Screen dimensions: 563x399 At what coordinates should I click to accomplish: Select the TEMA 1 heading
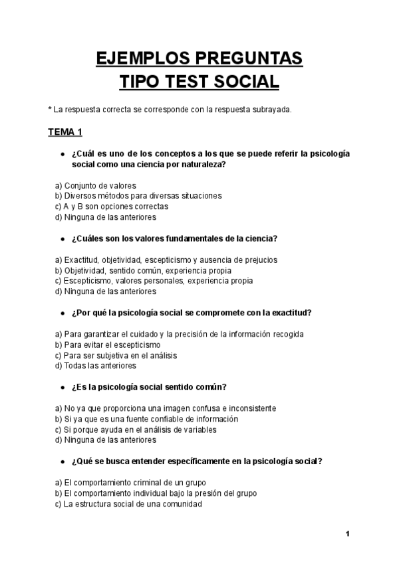[65, 131]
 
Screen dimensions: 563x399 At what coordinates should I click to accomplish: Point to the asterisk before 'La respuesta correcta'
[49, 109]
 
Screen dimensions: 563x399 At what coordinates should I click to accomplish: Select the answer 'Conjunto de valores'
[100, 185]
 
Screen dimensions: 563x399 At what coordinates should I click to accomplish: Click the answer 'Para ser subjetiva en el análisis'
[120, 355]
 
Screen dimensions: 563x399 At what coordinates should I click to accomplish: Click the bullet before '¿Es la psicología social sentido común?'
[61, 387]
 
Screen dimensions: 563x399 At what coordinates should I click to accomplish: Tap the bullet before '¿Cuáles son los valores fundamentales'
[61, 238]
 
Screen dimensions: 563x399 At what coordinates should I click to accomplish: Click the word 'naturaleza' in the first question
[201, 164]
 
